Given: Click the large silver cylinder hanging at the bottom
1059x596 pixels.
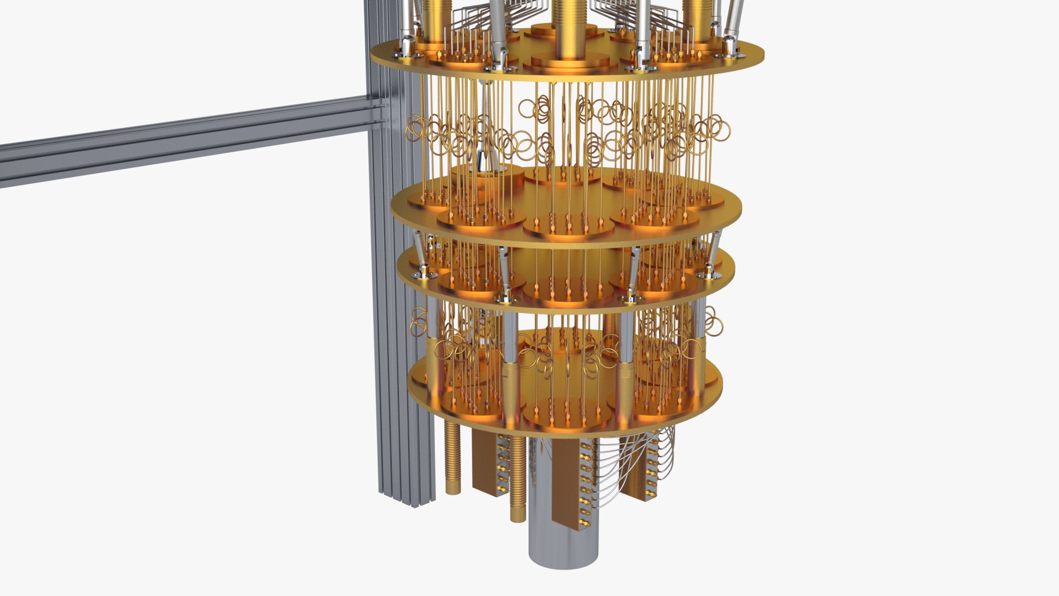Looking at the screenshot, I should point(563,541).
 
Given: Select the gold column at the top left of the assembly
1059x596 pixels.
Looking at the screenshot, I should point(435,19).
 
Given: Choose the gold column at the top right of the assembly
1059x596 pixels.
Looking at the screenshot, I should point(697,19).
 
